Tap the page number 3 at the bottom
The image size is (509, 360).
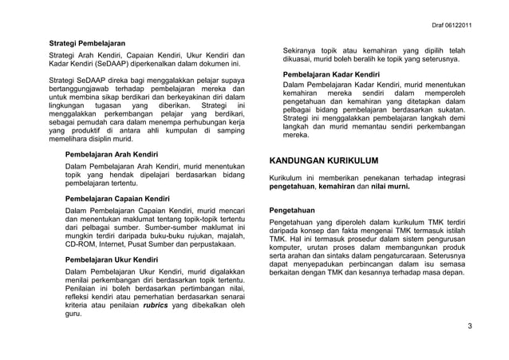[x=470, y=326]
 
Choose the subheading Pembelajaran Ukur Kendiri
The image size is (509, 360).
[x=112, y=259]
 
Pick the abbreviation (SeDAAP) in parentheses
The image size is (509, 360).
[x=98, y=62]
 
